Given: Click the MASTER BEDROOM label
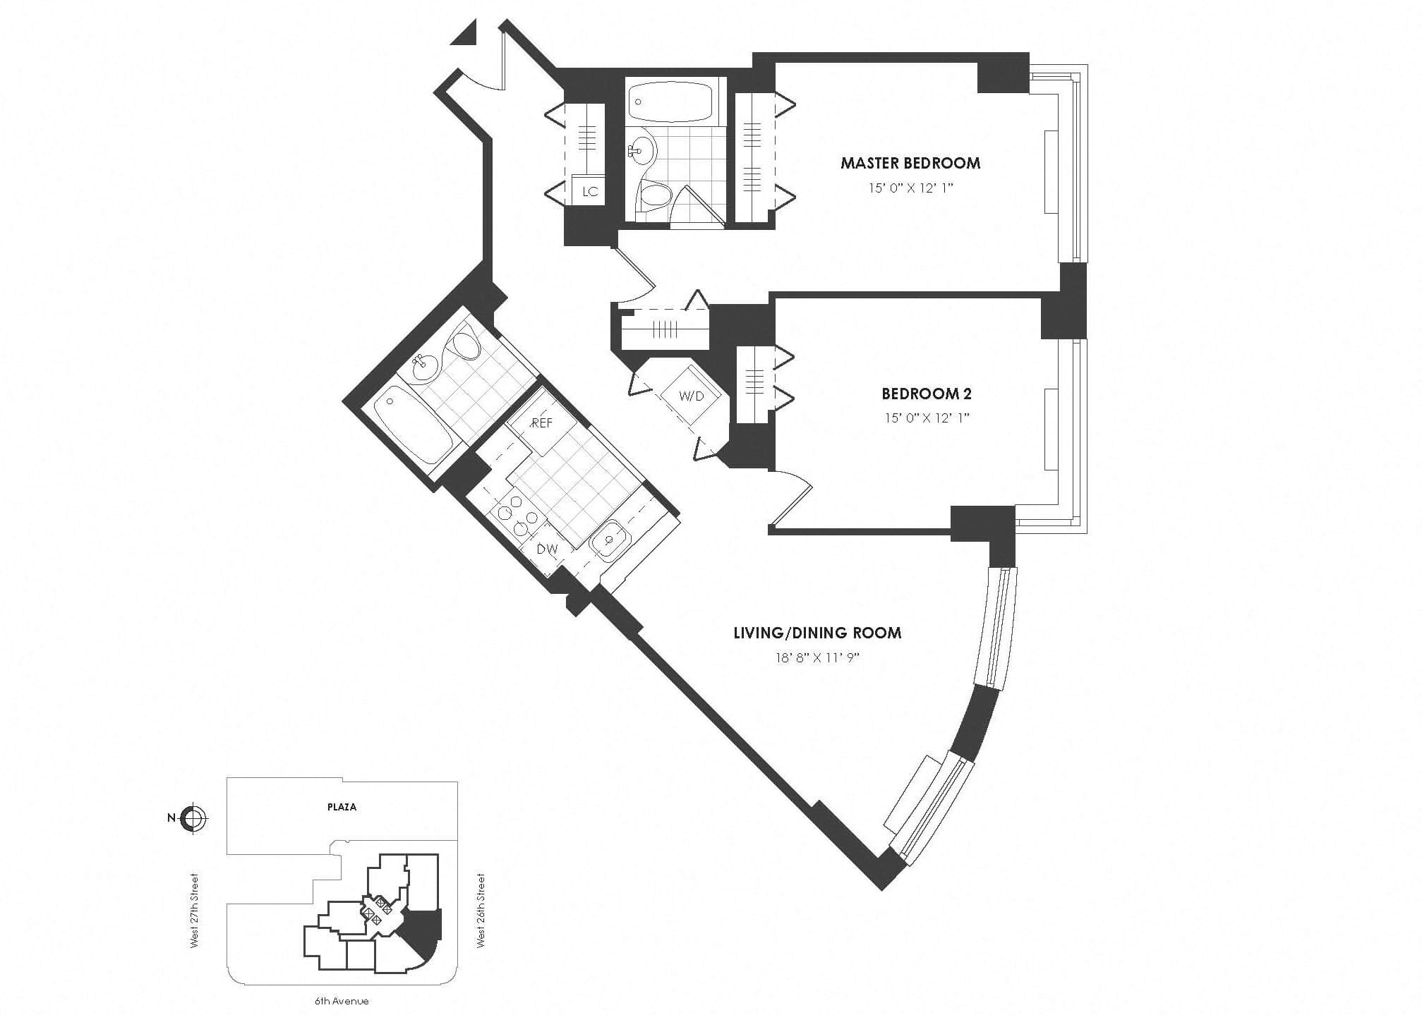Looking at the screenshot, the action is (910, 163).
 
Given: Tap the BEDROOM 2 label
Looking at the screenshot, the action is (927, 394).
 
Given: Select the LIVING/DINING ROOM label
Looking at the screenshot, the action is (817, 633).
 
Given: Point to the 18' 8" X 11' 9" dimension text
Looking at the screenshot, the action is (817, 658).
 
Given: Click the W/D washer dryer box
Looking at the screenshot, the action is (692, 396).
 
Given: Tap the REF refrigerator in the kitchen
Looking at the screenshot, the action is (542, 423).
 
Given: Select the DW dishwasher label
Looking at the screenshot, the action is (547, 549).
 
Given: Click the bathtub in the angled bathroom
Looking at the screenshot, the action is (412, 429).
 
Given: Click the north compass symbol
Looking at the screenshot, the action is (193, 818).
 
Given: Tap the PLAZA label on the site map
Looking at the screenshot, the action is (342, 807).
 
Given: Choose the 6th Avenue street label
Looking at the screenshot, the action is (342, 1001).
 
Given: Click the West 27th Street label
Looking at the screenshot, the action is (195, 910).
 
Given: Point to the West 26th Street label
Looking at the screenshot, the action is (481, 910).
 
